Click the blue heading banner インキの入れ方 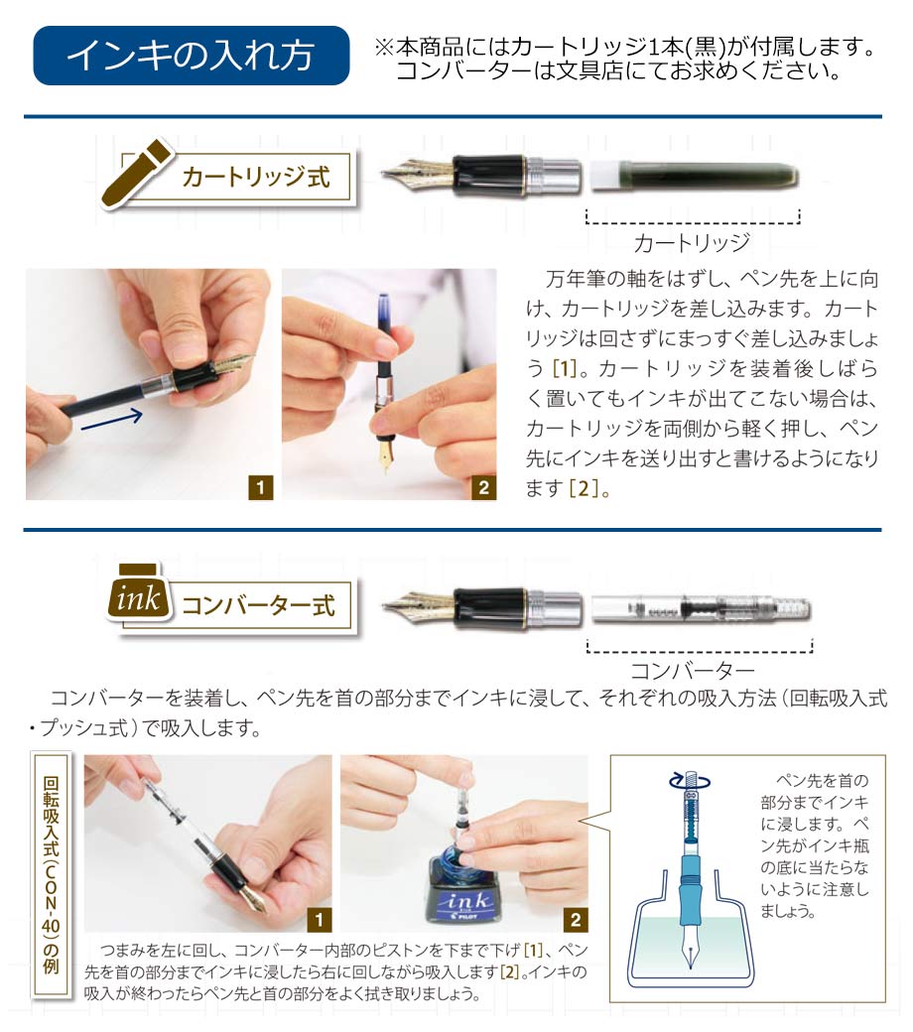pyautogui.click(x=191, y=56)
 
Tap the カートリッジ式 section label pyautogui.click(x=255, y=177)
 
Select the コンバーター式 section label pyautogui.click(x=258, y=605)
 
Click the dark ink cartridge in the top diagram pyautogui.click(x=694, y=177)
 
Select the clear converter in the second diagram pyautogui.click(x=701, y=608)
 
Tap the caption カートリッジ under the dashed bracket pyautogui.click(x=691, y=243)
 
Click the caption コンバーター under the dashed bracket pyautogui.click(x=692, y=671)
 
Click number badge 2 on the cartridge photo pyautogui.click(x=484, y=487)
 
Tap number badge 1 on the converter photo pyautogui.click(x=319, y=920)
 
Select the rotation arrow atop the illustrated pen pyautogui.click(x=690, y=781)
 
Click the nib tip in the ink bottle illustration pyautogui.click(x=691, y=966)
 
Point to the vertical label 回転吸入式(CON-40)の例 pyautogui.click(x=51, y=874)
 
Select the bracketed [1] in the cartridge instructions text pyautogui.click(x=564, y=368)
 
